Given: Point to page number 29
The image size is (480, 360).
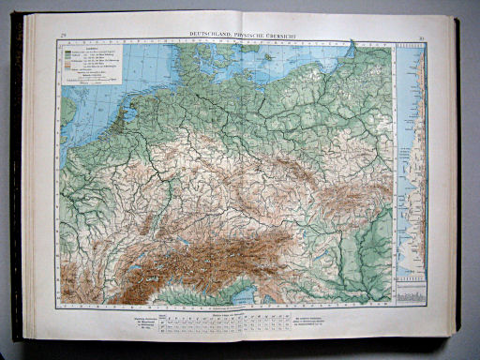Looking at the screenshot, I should click(63, 36).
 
